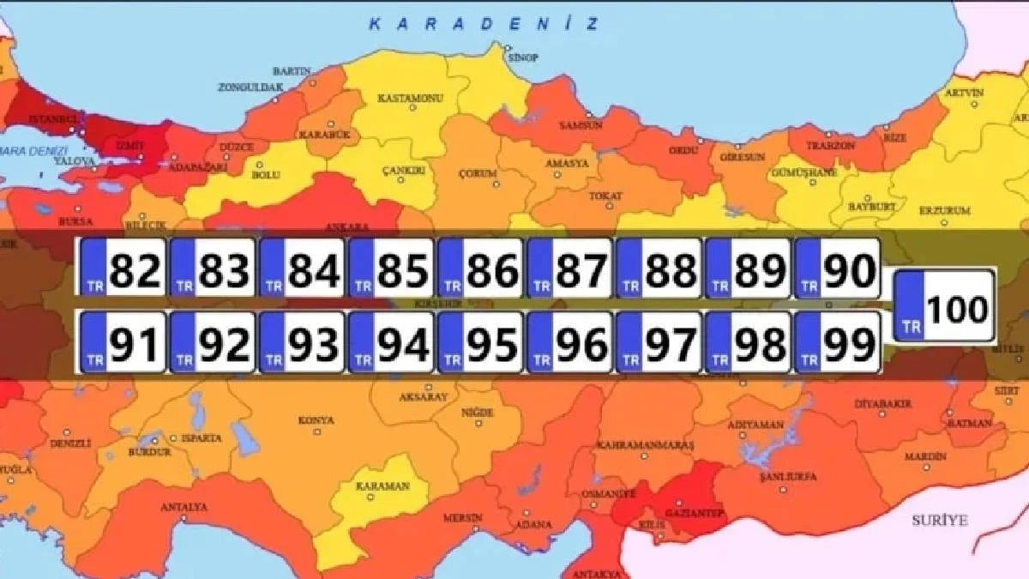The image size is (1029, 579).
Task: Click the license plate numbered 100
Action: [x=944, y=306]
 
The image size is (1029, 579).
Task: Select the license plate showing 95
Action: [x=479, y=342]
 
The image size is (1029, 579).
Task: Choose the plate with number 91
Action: [x=122, y=342]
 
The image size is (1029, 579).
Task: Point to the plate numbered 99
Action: [x=837, y=342]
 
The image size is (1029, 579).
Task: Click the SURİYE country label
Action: [x=938, y=521]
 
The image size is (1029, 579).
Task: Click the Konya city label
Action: [x=316, y=420]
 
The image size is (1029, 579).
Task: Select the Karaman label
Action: [x=382, y=486]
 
